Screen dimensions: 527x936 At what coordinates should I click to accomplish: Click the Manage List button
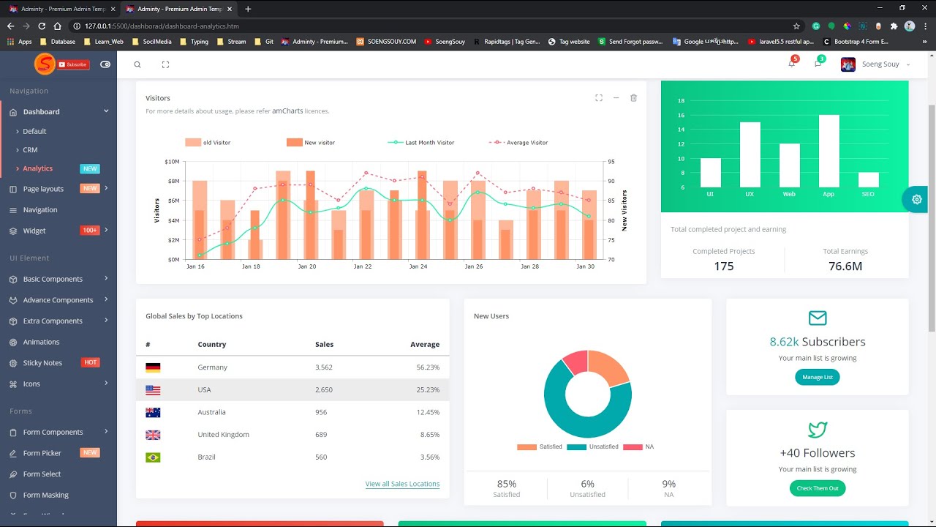817,377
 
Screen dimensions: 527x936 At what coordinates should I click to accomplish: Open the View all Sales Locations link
402,484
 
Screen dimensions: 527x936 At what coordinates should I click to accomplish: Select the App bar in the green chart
829,151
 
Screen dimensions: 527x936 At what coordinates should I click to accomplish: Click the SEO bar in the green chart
868,180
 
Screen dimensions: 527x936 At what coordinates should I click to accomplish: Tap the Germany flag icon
153,367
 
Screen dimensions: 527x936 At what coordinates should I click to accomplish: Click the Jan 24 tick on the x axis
418,266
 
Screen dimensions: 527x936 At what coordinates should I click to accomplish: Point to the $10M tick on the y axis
172,161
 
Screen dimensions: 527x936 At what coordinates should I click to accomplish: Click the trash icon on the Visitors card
633,98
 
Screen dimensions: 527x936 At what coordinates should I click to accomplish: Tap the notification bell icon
791,64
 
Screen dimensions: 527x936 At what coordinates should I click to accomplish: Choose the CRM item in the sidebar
30,149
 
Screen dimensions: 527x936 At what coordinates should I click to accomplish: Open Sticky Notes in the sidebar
42,362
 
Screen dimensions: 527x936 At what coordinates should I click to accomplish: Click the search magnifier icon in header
137,64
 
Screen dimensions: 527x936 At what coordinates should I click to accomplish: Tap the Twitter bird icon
817,429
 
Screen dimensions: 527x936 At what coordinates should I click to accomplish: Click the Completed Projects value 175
723,266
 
